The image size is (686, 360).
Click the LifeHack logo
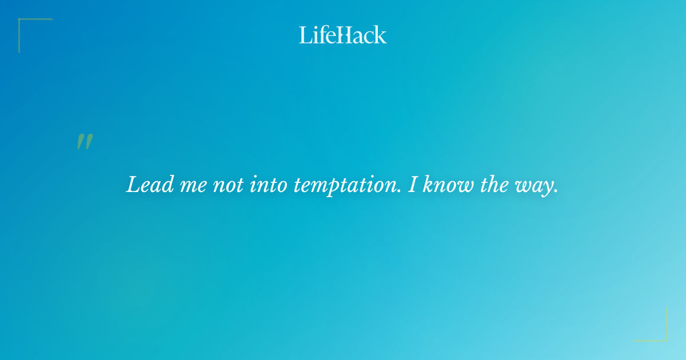pyautogui.click(x=343, y=35)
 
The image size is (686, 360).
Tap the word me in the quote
pyautogui.click(x=189, y=186)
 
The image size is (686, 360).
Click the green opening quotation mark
pyautogui.click(x=85, y=142)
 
